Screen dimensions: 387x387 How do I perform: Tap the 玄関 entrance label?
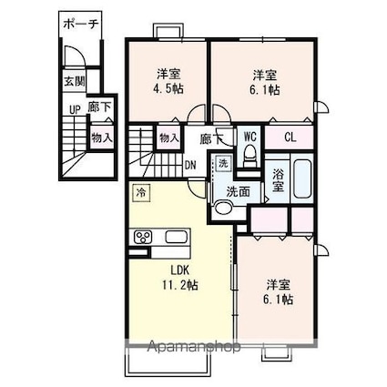click(x=73, y=80)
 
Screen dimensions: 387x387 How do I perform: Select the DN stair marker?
click(x=190, y=165)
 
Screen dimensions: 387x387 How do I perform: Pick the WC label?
click(x=249, y=138)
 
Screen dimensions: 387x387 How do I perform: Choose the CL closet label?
click(x=290, y=138)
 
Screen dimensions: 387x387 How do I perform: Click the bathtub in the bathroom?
click(x=303, y=182)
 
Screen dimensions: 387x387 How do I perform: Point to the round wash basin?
click(x=223, y=207)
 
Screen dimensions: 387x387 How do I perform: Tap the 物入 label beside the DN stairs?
click(x=168, y=138)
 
